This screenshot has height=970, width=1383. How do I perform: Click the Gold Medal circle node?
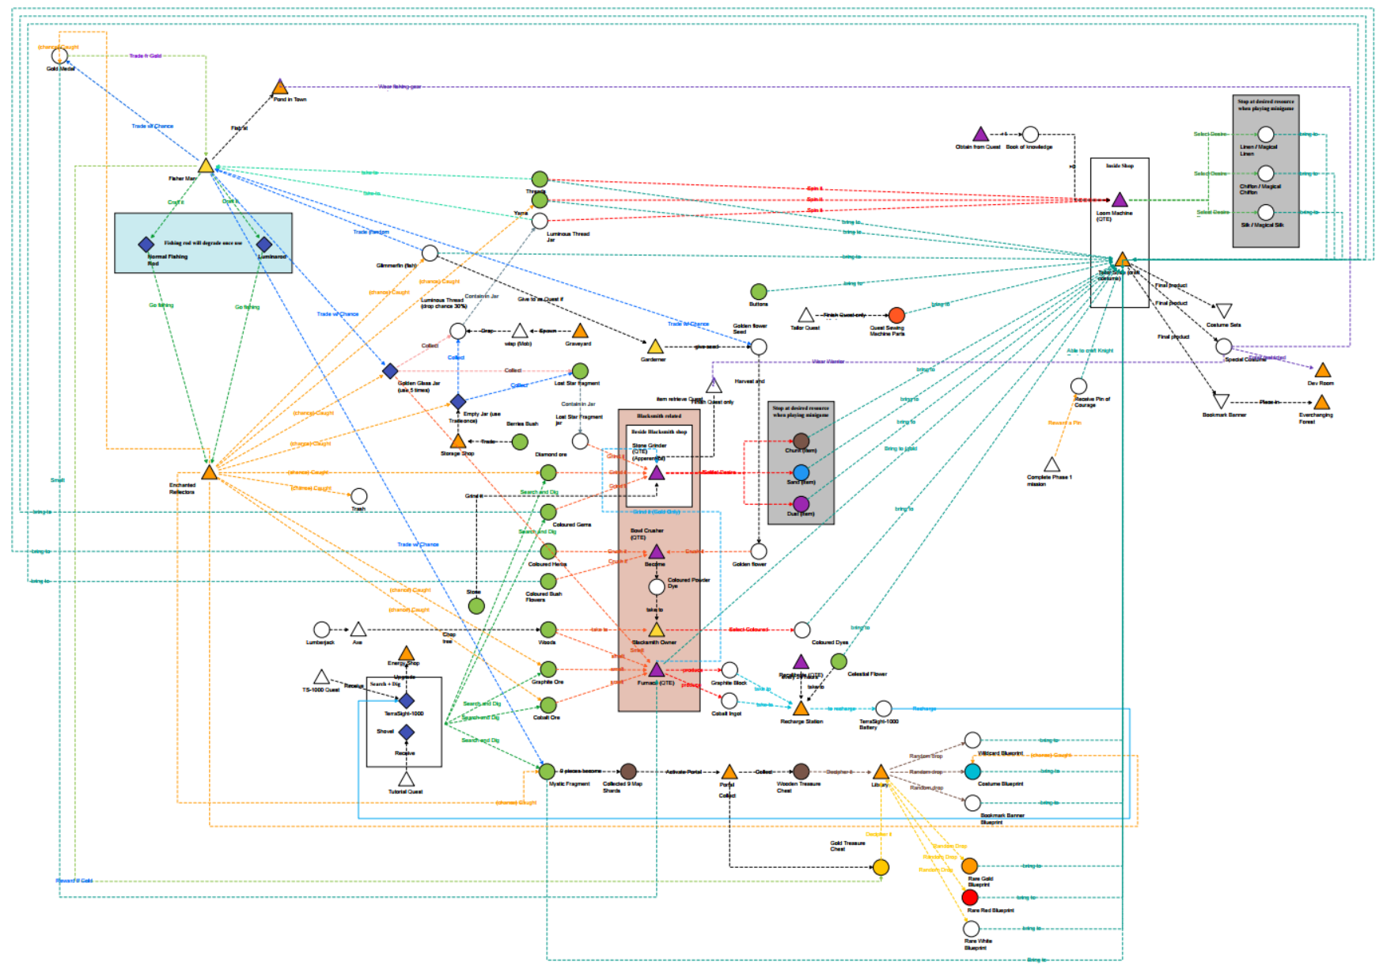click(59, 56)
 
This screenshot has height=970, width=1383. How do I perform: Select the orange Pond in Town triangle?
click(279, 88)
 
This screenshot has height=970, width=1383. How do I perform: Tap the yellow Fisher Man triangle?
click(206, 166)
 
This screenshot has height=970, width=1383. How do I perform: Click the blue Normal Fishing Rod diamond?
click(146, 244)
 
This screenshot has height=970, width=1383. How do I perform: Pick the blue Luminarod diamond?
click(264, 244)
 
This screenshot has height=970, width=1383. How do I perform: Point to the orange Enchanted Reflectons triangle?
click(209, 472)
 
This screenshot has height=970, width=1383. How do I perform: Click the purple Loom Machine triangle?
click(1120, 200)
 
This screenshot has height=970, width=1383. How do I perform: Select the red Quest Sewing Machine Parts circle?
click(896, 316)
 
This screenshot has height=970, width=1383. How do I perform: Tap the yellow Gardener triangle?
click(655, 347)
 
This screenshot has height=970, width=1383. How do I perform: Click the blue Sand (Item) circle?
click(801, 472)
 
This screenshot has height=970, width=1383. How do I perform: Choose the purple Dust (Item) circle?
click(801, 504)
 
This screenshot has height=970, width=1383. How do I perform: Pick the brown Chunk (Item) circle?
click(801, 441)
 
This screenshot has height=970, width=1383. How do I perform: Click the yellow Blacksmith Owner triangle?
click(657, 631)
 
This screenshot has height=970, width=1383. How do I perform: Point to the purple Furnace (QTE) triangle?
click(657, 671)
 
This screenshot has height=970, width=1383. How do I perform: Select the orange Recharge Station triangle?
click(801, 708)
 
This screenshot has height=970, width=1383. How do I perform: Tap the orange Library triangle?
click(881, 772)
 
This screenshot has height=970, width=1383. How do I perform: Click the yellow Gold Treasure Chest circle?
click(881, 867)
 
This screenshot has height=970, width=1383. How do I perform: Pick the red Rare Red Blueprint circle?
click(970, 897)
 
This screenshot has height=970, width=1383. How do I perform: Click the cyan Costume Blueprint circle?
click(972, 771)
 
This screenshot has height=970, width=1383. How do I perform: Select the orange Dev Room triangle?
click(1323, 370)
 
